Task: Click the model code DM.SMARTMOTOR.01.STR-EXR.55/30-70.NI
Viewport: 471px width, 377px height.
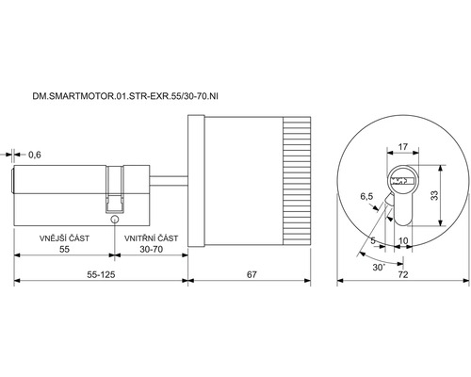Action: click(x=125, y=96)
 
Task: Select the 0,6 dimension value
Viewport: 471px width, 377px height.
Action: click(x=35, y=155)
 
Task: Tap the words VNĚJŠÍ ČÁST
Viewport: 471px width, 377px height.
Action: click(x=64, y=238)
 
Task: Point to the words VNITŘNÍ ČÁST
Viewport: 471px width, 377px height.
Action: click(x=151, y=238)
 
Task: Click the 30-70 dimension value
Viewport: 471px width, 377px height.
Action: click(x=152, y=250)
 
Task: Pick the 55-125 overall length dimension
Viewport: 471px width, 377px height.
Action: click(x=101, y=275)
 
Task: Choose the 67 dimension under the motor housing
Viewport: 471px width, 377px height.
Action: click(x=252, y=275)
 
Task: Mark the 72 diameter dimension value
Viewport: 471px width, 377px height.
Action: click(x=403, y=275)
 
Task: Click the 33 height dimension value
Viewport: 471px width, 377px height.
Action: click(x=434, y=195)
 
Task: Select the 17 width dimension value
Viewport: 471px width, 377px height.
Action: click(x=403, y=147)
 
